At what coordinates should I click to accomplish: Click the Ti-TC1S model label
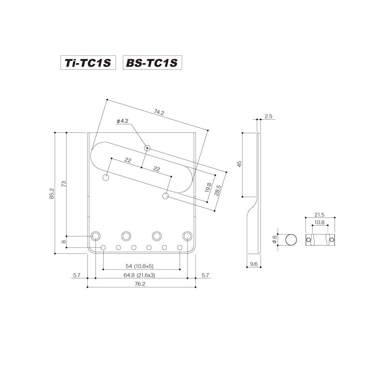pos(88,63)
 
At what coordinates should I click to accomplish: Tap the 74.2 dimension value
pos(159,112)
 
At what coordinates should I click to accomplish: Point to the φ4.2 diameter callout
pos(122,121)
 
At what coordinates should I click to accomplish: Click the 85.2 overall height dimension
pos(52,193)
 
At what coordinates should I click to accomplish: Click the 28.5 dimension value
pos(218,190)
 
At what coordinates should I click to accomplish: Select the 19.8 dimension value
pos(208,187)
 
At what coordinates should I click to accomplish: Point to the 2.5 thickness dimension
pos(269,116)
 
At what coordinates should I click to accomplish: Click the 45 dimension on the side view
pos(239,164)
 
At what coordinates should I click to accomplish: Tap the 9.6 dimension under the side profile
pos(253,264)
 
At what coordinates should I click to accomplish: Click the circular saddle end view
pos(291,240)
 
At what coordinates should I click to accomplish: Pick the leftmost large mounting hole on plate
pos(95,236)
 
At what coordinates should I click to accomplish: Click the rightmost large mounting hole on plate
pos(187,236)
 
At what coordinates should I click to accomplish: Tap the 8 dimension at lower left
pos(64,242)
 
